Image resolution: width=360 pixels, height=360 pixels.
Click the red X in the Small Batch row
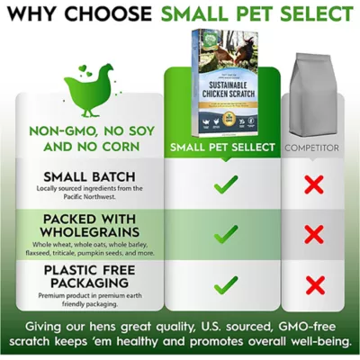click(x=313, y=185)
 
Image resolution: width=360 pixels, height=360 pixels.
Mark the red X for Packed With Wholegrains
click(x=313, y=235)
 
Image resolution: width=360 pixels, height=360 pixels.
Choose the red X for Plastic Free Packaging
click(x=313, y=285)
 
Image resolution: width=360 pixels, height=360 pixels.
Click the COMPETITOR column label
click(x=313, y=146)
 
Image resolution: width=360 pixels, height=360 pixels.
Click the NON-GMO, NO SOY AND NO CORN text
click(x=86, y=138)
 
